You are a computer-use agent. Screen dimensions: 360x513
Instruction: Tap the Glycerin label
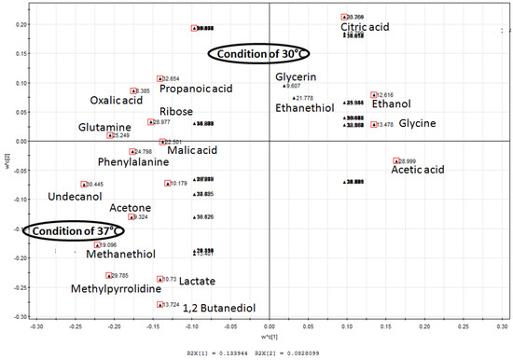[x=296, y=76]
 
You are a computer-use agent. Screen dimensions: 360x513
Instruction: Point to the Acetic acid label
[x=418, y=170]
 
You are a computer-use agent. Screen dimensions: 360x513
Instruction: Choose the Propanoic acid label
[x=196, y=89]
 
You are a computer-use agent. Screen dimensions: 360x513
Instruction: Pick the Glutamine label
[x=104, y=127]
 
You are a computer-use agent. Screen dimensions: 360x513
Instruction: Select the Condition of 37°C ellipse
[x=74, y=230]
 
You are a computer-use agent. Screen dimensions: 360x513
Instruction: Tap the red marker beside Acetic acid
[x=396, y=161]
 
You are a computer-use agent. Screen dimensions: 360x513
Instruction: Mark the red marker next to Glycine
[x=374, y=124]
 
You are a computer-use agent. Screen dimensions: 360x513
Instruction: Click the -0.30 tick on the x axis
[x=37, y=327]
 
